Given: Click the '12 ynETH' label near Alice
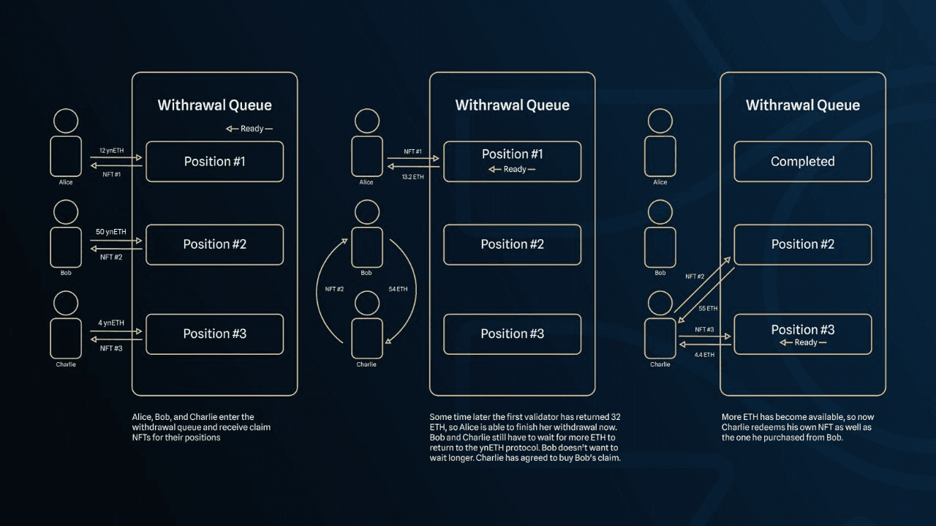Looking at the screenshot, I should pyautogui.click(x=111, y=150).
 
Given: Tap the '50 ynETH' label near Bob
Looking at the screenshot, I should pyautogui.click(x=111, y=232).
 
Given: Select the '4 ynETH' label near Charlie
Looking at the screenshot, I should pyautogui.click(x=111, y=323).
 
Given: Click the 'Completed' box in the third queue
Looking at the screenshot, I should pyautogui.click(x=802, y=162).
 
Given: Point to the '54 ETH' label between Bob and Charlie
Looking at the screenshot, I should pyautogui.click(x=398, y=290).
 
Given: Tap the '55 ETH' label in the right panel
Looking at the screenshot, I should pyautogui.click(x=708, y=309).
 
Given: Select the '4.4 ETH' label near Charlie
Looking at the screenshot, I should pyautogui.click(x=703, y=354).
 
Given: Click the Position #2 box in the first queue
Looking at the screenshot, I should pyautogui.click(x=214, y=244).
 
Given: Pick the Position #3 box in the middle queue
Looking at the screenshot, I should pyautogui.click(x=512, y=334).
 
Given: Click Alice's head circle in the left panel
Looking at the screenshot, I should pyautogui.click(x=66, y=121).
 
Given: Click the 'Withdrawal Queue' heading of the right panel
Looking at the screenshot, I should pyautogui.click(x=802, y=105).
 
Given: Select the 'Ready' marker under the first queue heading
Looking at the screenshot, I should pyautogui.click(x=249, y=129).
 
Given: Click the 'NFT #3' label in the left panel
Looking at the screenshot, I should pyautogui.click(x=111, y=348).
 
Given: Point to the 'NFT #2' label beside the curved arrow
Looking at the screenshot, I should pyautogui.click(x=334, y=290).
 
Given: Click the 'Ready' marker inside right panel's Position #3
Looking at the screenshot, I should pyautogui.click(x=803, y=342).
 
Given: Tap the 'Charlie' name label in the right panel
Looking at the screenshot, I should pyautogui.click(x=660, y=364).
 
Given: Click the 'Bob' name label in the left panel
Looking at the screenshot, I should pyautogui.click(x=66, y=273).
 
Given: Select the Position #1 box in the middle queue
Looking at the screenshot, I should pyautogui.click(x=512, y=161).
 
